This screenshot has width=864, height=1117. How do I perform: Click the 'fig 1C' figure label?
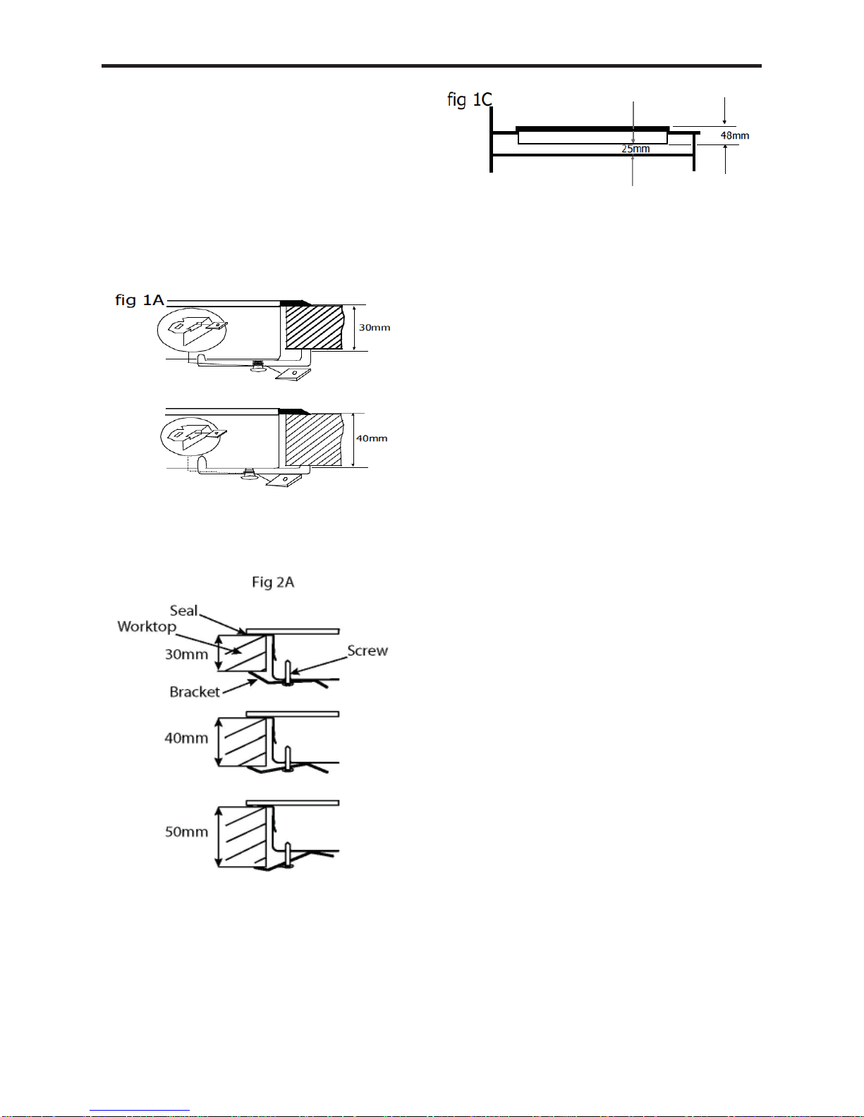pos(470,100)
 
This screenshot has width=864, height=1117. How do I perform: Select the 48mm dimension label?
pos(734,136)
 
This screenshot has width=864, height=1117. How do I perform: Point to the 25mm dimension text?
pos(635,149)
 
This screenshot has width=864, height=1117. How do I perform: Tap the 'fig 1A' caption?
pos(140,300)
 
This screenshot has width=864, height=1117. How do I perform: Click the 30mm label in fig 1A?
pos(375,328)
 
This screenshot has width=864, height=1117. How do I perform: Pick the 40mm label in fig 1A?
pos(372,438)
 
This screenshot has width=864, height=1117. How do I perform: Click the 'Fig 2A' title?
pos(273,582)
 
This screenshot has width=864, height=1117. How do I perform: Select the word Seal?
pos(183,611)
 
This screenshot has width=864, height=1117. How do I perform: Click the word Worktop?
pos(147,627)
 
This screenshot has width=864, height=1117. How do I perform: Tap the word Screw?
pos(367,650)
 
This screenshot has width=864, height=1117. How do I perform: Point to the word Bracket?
pos(195,692)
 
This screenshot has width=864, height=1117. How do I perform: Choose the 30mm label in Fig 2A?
pos(186,655)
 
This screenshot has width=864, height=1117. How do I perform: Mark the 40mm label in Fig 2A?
pos(186,738)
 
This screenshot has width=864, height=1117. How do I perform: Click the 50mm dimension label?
pos(186,832)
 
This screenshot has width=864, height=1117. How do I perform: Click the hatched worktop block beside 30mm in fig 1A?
pos(315,328)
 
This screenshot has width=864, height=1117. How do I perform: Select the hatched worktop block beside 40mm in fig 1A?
pos(314,440)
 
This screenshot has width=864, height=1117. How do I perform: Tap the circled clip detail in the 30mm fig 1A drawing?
pos(193,330)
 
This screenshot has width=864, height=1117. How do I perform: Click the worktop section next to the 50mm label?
pos(242,837)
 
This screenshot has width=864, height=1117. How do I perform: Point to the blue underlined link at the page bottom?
pos(140,1111)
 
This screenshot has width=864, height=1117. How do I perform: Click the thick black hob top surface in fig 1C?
pos(592,129)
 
